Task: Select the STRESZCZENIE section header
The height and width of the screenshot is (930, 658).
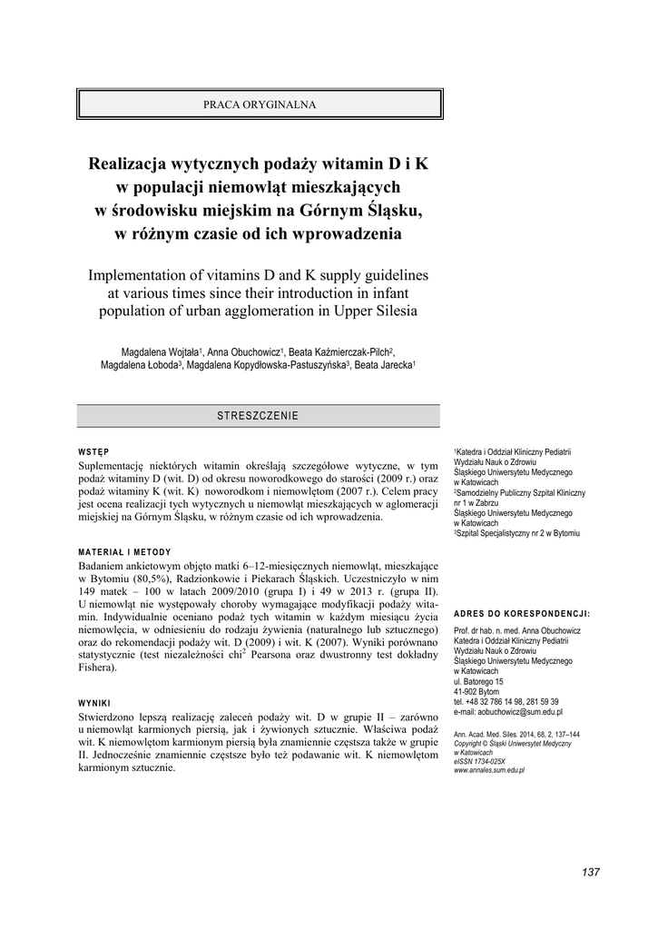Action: [258, 415]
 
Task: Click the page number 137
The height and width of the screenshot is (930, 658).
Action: [590, 872]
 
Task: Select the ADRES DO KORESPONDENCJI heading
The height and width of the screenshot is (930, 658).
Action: [521, 614]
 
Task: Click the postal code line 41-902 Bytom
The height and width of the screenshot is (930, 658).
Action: [476, 691]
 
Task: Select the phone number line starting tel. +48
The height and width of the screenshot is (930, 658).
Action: [506, 701]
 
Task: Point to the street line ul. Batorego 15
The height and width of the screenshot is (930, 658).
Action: [479, 681]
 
